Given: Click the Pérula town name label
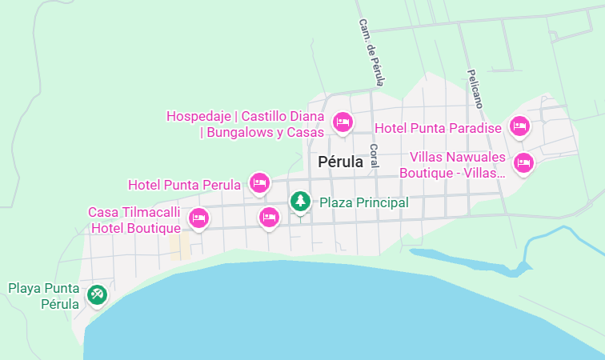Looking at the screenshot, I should pos(340,162).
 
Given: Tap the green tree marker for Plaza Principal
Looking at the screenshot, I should pos(300,201).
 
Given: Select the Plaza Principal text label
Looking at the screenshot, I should pos(364,202).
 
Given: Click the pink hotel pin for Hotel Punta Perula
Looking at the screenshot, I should pos(258,183).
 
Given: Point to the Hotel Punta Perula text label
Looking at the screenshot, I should pos(184,185).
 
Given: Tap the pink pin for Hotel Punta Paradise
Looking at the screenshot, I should pos(520,126).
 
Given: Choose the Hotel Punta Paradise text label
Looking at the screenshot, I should pos(438,128).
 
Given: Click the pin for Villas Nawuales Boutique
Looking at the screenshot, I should pos(523,163).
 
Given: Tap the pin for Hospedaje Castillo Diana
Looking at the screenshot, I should pos(343,122).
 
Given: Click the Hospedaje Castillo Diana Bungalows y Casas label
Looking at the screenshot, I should pos(245,124).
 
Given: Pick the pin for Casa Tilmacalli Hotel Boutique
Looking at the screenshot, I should pos(198,218).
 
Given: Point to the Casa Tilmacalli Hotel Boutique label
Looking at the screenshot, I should pos(134,220).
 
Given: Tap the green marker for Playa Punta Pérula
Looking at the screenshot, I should pos(98,295).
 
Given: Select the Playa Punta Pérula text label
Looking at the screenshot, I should pos(44,295).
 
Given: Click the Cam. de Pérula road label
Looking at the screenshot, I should pos(372,53).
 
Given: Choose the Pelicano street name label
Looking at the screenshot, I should pos(476,88).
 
